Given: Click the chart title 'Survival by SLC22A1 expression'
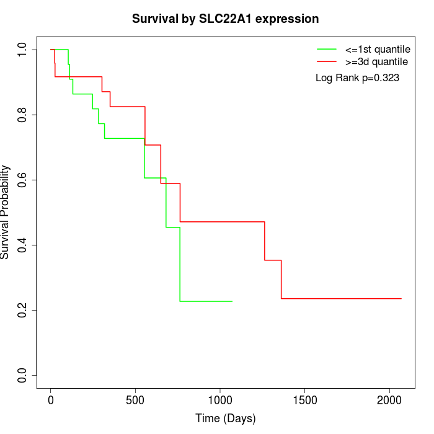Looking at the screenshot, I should pyautogui.click(x=225, y=19).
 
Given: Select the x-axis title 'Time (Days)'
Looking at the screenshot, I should pyautogui.click(x=225, y=418).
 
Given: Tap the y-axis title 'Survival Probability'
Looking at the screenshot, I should pyautogui.click(x=6, y=212).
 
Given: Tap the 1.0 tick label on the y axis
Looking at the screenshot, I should pyautogui.click(x=24, y=50).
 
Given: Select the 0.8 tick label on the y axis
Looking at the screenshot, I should pyautogui.click(x=24, y=115).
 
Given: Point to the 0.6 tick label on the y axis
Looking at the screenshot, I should pyautogui.click(x=24, y=180).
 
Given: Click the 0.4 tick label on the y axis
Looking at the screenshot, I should pyautogui.click(x=24, y=245).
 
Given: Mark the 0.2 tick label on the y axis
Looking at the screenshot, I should pyautogui.click(x=24, y=310).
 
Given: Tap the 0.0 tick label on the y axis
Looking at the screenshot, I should pyautogui.click(x=24, y=375).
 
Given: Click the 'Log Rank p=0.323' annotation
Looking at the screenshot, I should pyautogui.click(x=357, y=78).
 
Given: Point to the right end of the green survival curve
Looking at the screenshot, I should pyautogui.click(x=232, y=301).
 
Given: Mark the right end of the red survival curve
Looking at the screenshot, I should pyautogui.click(x=401, y=299).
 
